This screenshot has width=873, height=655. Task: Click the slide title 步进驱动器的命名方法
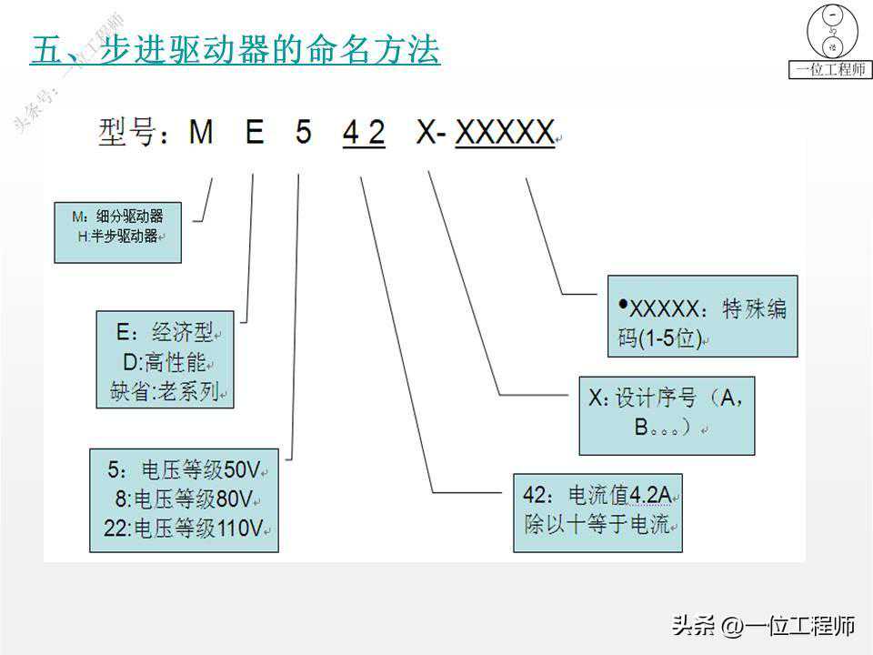pyautogui.click(x=270, y=49)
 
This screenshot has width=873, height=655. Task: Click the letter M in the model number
pyautogui.click(x=201, y=133)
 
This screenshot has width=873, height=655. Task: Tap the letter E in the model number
pyautogui.click(x=255, y=133)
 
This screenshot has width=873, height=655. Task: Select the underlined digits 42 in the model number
pyautogui.click(x=364, y=133)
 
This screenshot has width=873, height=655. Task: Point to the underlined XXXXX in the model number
pyautogui.click(x=505, y=133)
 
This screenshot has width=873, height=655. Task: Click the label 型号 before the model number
pyautogui.click(x=127, y=132)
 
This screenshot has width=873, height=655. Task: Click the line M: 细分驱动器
pyautogui.click(x=117, y=217)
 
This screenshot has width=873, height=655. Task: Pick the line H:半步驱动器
pyautogui.click(x=118, y=237)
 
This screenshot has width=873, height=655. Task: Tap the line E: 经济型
pyautogui.click(x=165, y=333)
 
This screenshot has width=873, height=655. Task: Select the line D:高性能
pyautogui.click(x=165, y=363)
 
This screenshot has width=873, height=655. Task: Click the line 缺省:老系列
pyautogui.click(x=165, y=391)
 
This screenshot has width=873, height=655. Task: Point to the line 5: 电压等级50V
pyautogui.click(x=185, y=469)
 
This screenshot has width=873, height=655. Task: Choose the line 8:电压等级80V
pyautogui.click(x=185, y=499)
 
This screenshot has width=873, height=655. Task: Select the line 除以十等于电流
pyautogui.click(x=597, y=524)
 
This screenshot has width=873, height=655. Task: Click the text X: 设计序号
pyautogui.click(x=643, y=398)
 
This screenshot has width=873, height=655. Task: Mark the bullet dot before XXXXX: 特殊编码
pyautogui.click(x=624, y=304)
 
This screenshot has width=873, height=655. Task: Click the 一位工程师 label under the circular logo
pyautogui.click(x=830, y=70)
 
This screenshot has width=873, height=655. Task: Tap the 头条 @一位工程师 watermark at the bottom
pyautogui.click(x=763, y=626)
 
